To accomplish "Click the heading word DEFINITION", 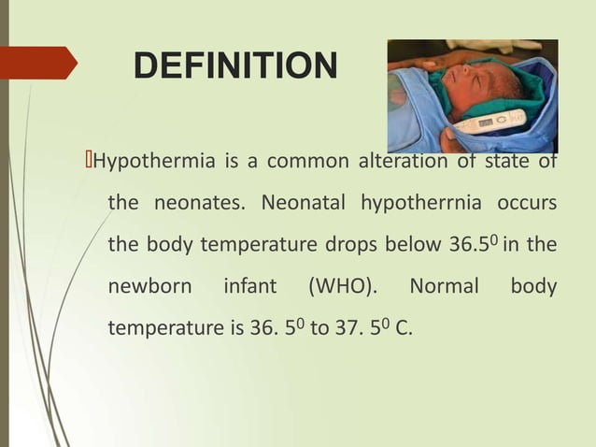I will [234, 66].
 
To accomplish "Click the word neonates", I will [200, 203].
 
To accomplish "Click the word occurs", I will [527, 203].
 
